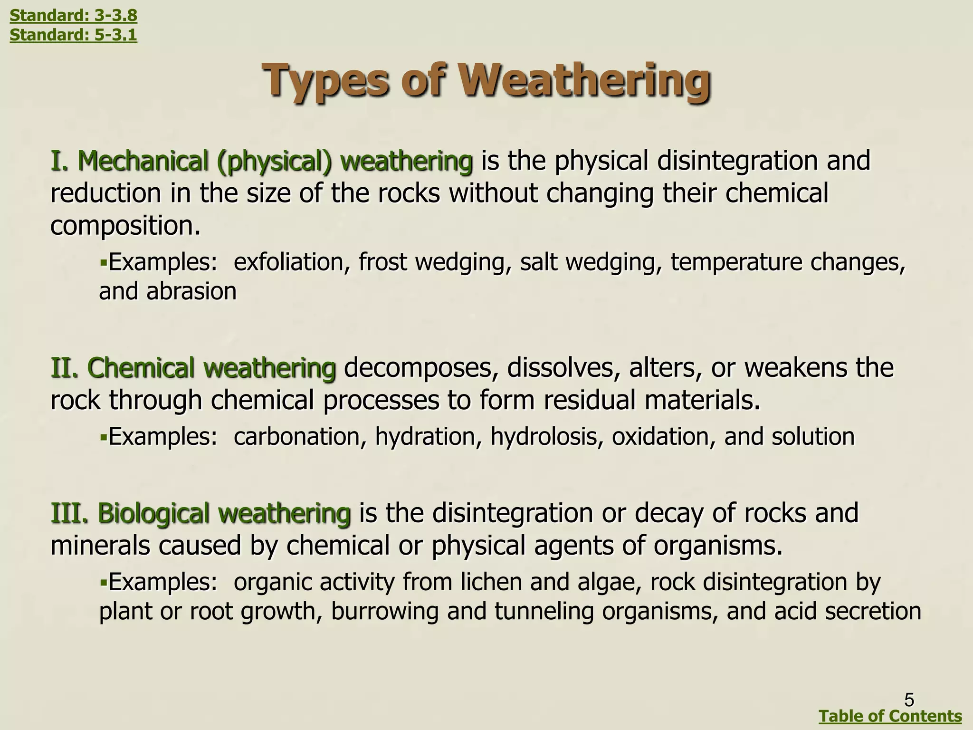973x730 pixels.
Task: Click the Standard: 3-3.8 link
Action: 73,15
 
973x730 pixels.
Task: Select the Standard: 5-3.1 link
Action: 73,35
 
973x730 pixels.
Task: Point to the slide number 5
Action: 909,700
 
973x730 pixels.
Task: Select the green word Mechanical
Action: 143,161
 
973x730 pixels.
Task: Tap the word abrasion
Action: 191,291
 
